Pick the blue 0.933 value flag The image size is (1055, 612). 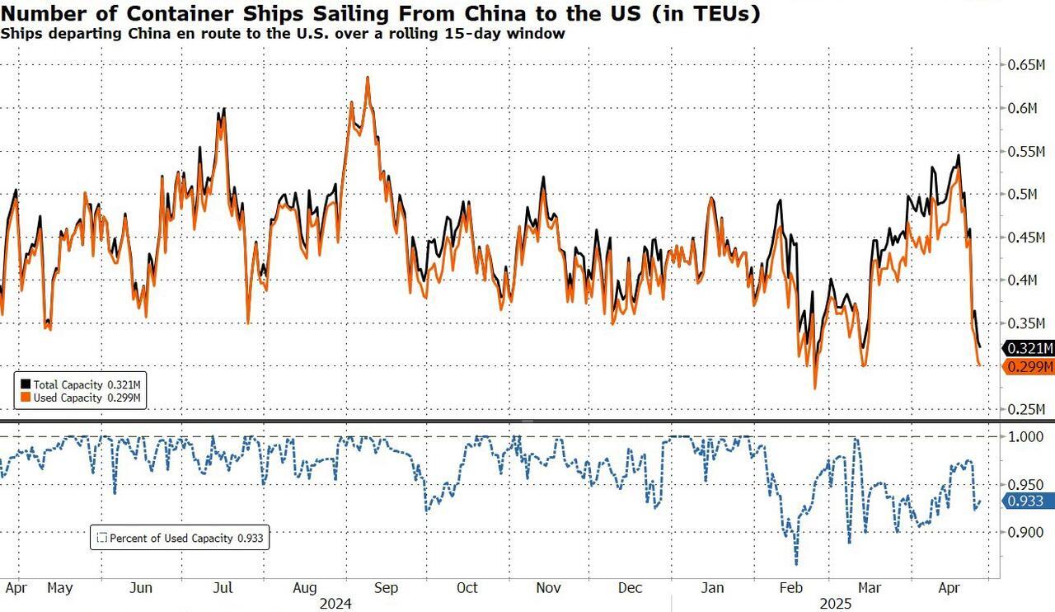coord(1027,501)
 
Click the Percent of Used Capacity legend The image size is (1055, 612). coord(181,539)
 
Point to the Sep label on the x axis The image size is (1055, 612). coord(386,588)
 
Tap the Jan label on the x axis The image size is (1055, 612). coord(712,588)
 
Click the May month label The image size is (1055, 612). coord(60,588)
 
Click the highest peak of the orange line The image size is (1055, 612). coord(367,78)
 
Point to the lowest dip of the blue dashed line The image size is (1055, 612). coord(796,564)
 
